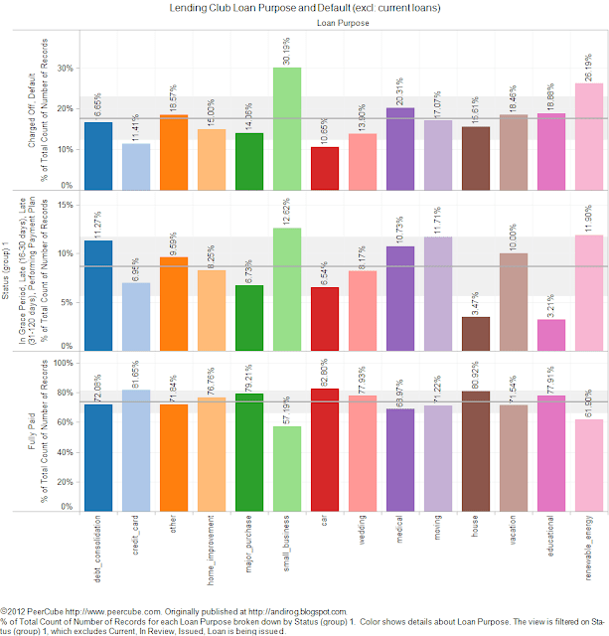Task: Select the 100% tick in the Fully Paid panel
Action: click(x=62, y=363)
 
